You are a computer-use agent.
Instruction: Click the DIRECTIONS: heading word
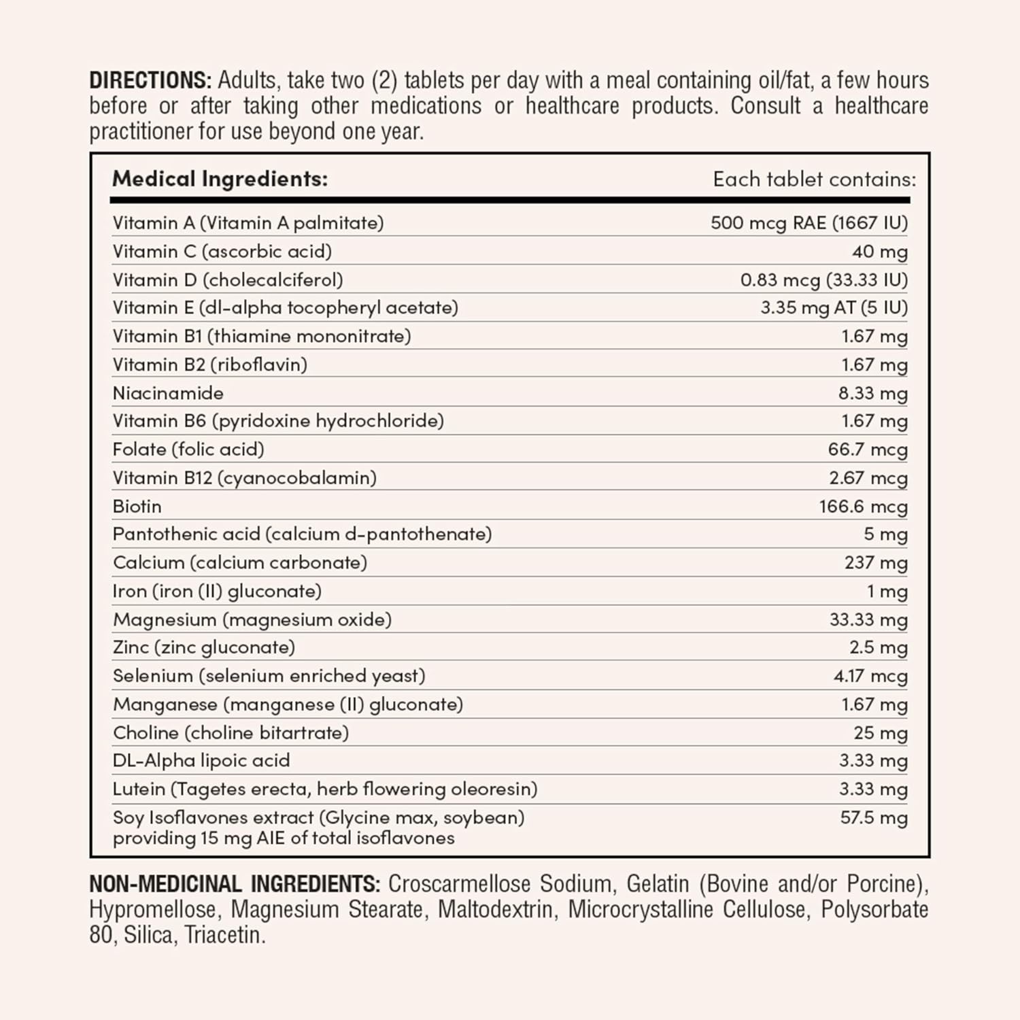click(150, 80)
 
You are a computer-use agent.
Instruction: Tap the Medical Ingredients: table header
click(220, 179)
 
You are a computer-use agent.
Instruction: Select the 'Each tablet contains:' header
click(814, 180)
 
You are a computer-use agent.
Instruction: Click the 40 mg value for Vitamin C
click(879, 252)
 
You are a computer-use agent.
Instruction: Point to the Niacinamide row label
click(168, 393)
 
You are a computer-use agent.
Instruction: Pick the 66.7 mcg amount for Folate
click(867, 449)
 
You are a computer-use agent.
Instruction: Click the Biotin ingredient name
click(137, 507)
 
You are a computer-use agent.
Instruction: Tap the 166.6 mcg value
click(863, 507)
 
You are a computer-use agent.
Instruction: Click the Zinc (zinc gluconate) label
click(204, 647)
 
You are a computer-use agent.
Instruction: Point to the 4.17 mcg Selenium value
click(870, 676)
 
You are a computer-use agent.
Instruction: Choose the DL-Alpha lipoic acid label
click(201, 760)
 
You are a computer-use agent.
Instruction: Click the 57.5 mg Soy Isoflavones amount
click(874, 817)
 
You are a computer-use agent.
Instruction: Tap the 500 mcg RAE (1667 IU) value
click(809, 223)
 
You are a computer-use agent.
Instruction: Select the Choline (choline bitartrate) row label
click(231, 732)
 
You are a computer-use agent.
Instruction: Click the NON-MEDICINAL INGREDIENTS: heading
click(234, 884)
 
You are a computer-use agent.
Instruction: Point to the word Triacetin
click(224, 936)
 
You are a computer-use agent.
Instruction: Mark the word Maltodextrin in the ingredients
click(495, 910)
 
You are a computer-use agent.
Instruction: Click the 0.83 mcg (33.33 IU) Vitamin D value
click(823, 279)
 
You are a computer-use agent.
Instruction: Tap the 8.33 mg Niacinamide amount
click(872, 393)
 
